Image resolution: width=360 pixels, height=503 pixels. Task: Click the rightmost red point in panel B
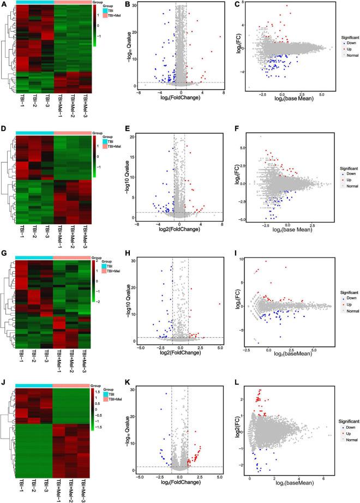(x=219, y=37)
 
